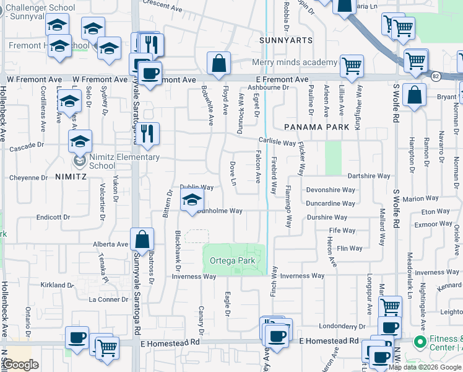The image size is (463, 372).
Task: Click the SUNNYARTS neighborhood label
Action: tap(286, 40)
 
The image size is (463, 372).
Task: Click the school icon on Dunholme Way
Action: tap(192, 200)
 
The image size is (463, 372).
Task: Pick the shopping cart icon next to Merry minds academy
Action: tap(352, 65)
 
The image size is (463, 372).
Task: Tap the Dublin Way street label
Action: tap(196, 187)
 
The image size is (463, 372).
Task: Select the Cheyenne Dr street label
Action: tap(28, 177)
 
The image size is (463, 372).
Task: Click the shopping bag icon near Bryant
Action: tap(414, 94)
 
